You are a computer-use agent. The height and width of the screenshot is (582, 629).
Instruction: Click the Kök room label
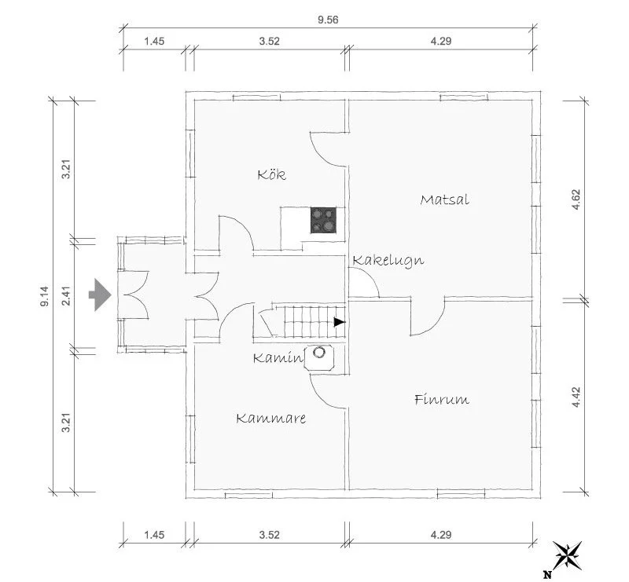271,174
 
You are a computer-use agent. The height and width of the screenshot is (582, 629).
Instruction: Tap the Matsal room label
444,199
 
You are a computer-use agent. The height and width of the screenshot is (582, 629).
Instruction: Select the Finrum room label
441,400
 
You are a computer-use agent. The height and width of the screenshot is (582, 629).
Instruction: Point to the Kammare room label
270,419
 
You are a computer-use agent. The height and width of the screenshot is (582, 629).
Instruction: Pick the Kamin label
278,358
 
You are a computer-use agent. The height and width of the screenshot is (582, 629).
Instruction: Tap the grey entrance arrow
99,295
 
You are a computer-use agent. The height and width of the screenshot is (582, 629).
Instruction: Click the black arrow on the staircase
339,321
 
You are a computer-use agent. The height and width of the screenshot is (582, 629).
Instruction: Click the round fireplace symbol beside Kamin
321,353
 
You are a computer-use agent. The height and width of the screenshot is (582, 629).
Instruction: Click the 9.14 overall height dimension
45,297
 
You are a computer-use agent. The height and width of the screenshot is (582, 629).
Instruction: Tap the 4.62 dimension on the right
576,199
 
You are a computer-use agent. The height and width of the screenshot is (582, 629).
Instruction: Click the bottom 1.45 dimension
154,536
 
